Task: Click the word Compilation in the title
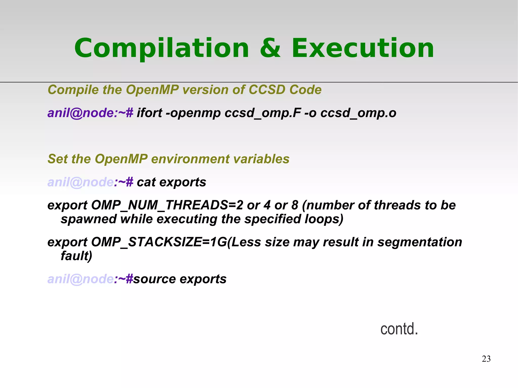162,49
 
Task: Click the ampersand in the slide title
270,48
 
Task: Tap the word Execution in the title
363,48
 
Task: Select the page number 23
486,359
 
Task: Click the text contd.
399,329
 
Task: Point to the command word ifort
149,113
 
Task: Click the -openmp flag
193,113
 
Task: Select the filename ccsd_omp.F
263,113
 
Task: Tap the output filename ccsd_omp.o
358,113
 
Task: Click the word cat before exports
146,182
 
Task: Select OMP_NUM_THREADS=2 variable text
167,205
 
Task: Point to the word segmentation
420,242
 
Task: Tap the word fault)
76,256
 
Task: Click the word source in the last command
154,279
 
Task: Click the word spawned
89,219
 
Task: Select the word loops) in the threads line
324,219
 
